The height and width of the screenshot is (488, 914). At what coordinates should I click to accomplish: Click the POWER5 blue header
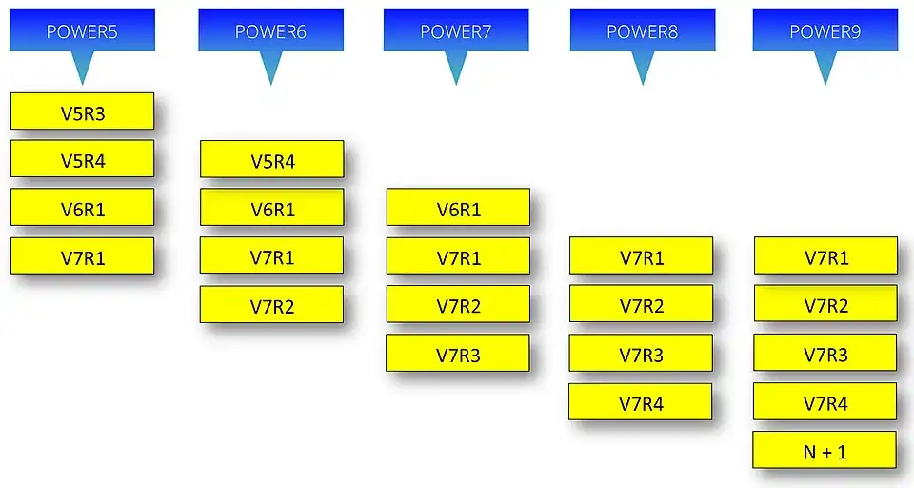[x=82, y=30]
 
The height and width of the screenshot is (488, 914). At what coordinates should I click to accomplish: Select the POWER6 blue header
[x=270, y=30]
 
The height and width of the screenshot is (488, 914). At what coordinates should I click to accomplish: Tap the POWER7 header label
[x=456, y=30]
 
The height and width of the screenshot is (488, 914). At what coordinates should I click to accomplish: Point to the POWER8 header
[x=643, y=30]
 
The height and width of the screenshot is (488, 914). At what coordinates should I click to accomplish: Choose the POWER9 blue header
[x=825, y=30]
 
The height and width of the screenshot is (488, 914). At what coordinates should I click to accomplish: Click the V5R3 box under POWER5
[x=82, y=111]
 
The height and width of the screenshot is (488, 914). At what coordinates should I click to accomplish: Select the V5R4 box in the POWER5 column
[x=82, y=158]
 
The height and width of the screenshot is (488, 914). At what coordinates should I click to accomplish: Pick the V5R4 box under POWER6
[x=271, y=159]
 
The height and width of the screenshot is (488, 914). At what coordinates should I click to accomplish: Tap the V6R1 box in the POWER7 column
[x=458, y=207]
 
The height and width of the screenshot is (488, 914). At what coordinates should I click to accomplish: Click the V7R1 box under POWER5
[x=82, y=255]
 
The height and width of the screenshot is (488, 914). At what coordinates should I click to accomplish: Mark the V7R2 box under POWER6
[x=271, y=304]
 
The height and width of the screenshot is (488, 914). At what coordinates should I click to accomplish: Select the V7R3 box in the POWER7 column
[x=458, y=353]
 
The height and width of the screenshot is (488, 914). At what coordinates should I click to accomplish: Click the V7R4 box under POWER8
[x=640, y=401]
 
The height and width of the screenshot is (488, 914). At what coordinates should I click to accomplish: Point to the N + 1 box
[x=825, y=450]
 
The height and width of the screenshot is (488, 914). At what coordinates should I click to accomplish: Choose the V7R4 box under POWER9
[x=825, y=401]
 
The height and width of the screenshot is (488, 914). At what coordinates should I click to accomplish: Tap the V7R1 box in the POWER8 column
[x=641, y=255]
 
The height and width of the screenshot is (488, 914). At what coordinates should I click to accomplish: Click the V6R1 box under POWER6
[x=271, y=207]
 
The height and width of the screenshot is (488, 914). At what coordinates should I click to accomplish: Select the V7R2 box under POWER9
[x=825, y=303]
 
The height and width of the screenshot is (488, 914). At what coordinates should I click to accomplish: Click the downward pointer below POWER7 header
[x=456, y=66]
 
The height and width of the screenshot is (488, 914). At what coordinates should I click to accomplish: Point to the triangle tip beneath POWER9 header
[x=825, y=85]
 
